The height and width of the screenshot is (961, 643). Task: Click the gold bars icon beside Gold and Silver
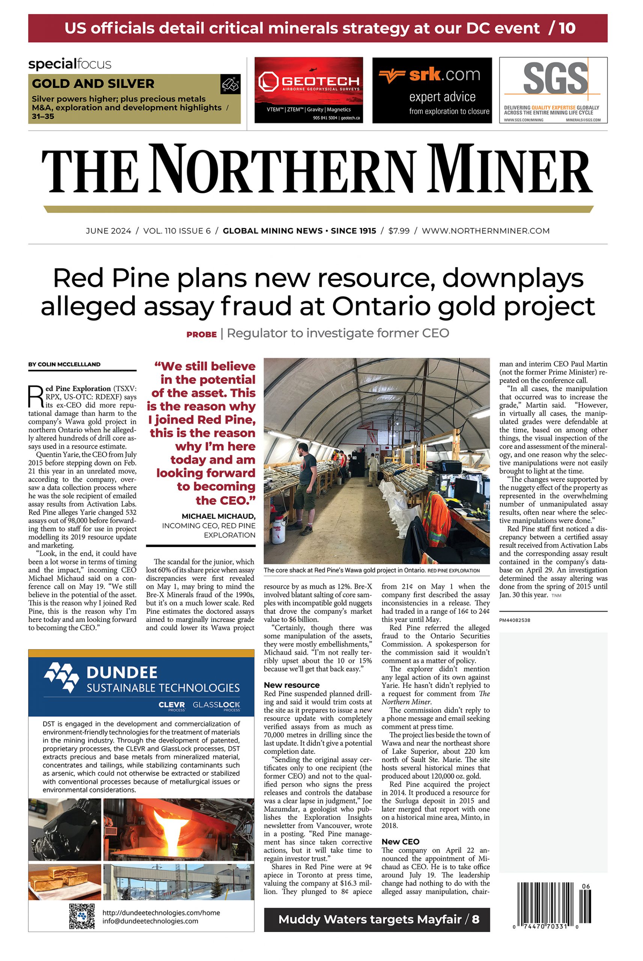(x=230, y=84)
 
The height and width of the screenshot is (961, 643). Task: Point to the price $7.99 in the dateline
(x=399, y=231)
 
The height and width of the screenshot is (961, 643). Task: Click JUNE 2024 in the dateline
(x=108, y=231)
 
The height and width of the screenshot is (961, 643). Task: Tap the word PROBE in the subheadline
(x=201, y=334)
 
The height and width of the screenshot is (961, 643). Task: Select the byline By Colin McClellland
(x=65, y=364)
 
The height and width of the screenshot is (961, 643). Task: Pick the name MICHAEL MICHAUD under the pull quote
(x=218, y=516)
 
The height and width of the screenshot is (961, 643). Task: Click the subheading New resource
(x=292, y=685)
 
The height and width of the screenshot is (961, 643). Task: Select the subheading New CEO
(x=400, y=841)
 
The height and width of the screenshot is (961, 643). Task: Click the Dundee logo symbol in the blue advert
(x=62, y=677)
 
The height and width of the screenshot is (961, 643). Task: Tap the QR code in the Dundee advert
(x=82, y=916)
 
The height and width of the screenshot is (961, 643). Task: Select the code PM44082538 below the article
(x=515, y=620)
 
